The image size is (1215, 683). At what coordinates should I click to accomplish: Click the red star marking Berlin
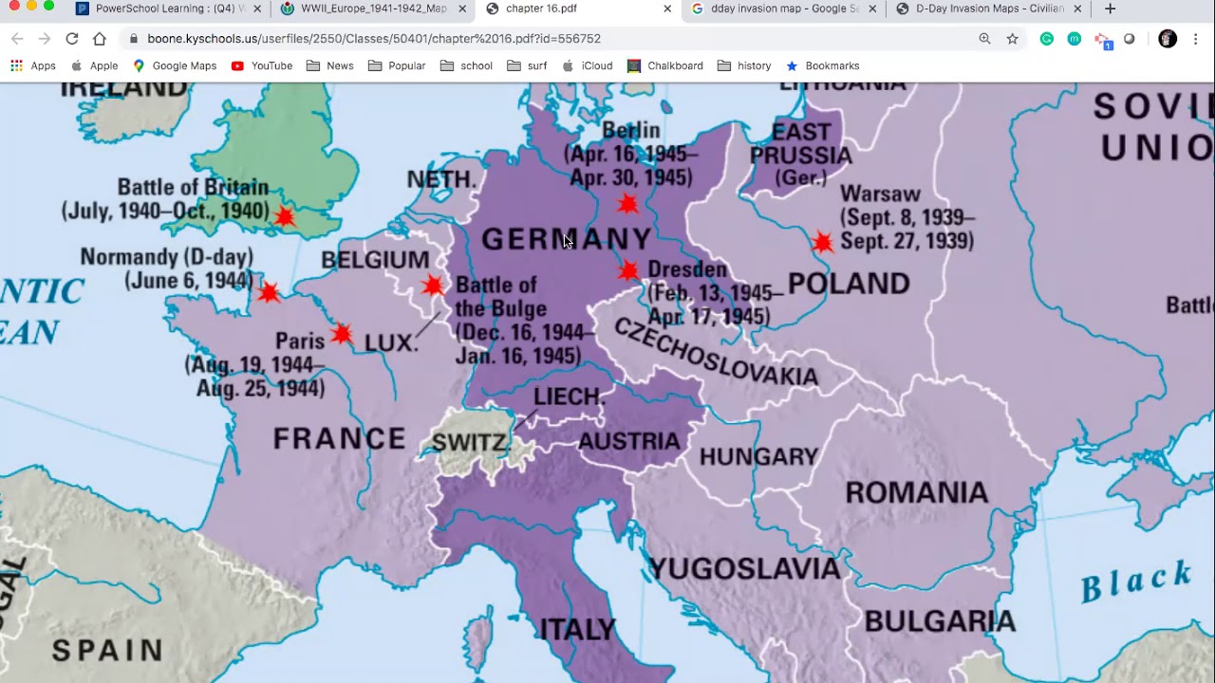pyautogui.click(x=626, y=204)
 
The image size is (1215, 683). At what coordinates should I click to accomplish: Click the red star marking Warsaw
pyautogui.click(x=823, y=242)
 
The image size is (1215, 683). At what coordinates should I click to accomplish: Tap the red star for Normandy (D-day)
pyautogui.click(x=269, y=291)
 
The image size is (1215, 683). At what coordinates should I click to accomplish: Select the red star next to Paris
pyautogui.click(x=342, y=334)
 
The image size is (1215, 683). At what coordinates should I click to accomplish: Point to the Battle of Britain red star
pyautogui.click(x=285, y=217)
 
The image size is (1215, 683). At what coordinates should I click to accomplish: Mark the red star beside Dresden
pyautogui.click(x=627, y=271)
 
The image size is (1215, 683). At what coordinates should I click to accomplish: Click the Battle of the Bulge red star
pyautogui.click(x=433, y=286)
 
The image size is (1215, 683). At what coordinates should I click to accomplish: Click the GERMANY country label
pyautogui.click(x=567, y=239)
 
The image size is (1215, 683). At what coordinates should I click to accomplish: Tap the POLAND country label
pyautogui.click(x=849, y=283)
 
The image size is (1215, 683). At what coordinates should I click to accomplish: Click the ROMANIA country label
pyautogui.click(x=916, y=492)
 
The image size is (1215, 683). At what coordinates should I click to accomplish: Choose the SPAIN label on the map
pyautogui.click(x=107, y=651)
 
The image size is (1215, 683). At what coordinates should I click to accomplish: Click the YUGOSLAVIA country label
pyautogui.click(x=744, y=568)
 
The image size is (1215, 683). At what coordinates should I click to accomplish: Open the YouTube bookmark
pyautogui.click(x=262, y=65)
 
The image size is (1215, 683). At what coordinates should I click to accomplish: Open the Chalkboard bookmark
pyautogui.click(x=665, y=65)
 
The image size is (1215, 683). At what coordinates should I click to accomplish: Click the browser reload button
pyautogui.click(x=72, y=39)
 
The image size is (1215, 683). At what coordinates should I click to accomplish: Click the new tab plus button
pyautogui.click(x=1110, y=9)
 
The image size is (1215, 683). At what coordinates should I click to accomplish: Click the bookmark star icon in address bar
pyautogui.click(x=1012, y=39)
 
